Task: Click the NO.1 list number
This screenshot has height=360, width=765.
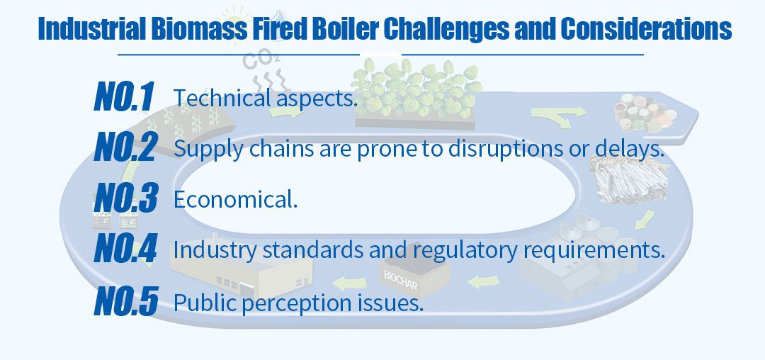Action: (124, 96)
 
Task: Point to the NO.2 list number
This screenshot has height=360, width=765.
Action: (126, 147)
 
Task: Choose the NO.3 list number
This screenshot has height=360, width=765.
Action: (126, 198)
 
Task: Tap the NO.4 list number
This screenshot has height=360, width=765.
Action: (125, 249)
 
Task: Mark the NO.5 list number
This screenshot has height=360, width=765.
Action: (126, 301)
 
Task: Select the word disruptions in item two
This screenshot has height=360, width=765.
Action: (505, 149)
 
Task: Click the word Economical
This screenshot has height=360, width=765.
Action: (236, 199)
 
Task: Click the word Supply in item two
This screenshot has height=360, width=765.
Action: (208, 150)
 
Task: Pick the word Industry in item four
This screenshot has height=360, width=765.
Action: (215, 251)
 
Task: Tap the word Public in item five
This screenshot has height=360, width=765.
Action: (205, 303)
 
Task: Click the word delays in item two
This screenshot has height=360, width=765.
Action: (633, 149)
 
